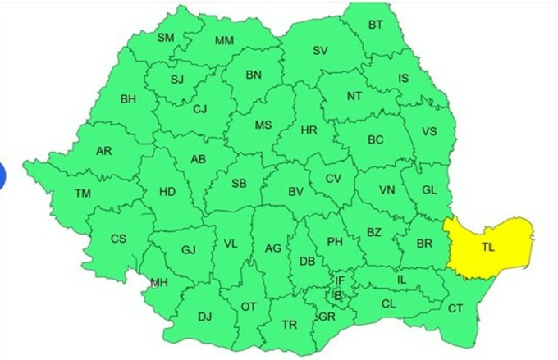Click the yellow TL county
coord(487,245)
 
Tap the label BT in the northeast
coord(375,25)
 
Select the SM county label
coord(167,38)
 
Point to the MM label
coord(223,42)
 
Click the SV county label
coord(319,51)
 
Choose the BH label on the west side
coord(129,99)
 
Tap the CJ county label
coord(199,109)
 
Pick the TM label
coord(83,194)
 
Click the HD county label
coord(167,192)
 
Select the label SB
coord(239,184)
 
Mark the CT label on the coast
coord(455,308)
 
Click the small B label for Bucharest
coord(336,295)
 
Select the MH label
coord(158,284)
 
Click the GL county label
coord(428,189)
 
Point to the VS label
coord(428,132)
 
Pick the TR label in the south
coord(290,325)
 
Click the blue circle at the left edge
coord(2,175)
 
